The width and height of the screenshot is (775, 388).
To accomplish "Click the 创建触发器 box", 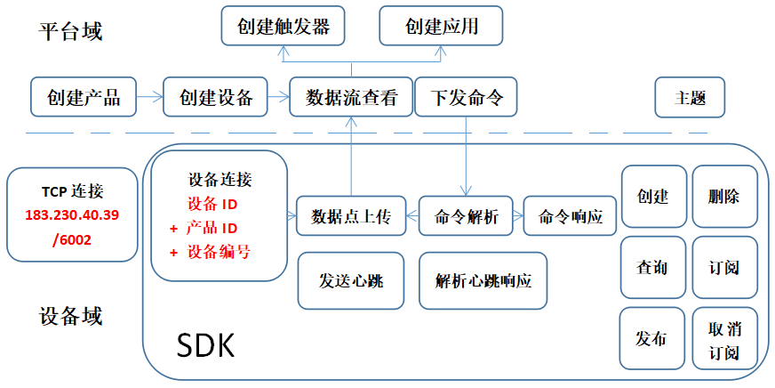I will pos(283,26).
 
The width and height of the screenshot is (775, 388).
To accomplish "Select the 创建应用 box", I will pos(441,26).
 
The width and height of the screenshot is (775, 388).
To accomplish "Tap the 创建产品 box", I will pos(84,97).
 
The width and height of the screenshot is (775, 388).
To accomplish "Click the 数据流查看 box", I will pos(351,97).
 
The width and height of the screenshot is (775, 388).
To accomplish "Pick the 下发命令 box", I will pos(466,97).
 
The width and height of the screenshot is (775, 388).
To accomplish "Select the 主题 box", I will pos(690,97).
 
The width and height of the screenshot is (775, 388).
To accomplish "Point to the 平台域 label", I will pos(71,33).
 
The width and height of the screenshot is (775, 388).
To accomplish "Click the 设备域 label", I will pos(71,316).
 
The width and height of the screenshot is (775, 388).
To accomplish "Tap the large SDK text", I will pos(205,346).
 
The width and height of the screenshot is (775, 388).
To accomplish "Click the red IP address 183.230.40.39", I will pos(72,215).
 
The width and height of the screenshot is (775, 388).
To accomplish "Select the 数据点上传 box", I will pos(351,216).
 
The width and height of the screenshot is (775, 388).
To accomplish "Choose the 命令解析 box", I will pos(466,216).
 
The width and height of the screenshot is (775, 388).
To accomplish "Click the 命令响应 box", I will pos(571,216).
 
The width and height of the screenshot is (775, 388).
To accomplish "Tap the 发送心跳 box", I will pos(351,280).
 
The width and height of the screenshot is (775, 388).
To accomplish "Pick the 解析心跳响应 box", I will pos(483,280).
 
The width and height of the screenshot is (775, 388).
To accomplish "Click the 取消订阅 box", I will pos(724,339).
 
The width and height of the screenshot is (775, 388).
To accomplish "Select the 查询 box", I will pos(651,267).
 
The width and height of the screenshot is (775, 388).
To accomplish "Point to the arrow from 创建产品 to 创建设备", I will pos(150,97).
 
